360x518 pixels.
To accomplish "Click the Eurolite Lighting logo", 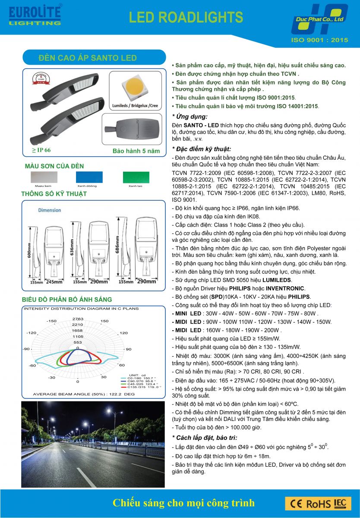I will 35,16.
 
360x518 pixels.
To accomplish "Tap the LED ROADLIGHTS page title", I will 186,17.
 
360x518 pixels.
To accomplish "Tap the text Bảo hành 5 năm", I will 136,151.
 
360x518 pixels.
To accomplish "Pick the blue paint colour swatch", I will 89,177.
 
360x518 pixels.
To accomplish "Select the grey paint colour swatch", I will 43,177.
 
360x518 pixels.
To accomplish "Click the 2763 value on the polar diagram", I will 78,319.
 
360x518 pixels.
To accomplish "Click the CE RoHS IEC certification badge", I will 318,503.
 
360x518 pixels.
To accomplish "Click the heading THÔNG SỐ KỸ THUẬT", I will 54,194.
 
